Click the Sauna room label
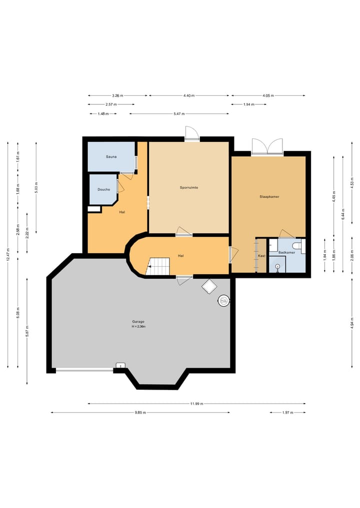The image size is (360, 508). pyautogui.click(x=111, y=157)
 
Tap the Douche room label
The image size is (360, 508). pyautogui.click(x=104, y=189)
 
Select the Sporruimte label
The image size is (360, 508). pyautogui.click(x=189, y=188)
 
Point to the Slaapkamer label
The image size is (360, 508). pyautogui.click(x=269, y=197)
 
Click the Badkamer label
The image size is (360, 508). pyautogui.click(x=286, y=252)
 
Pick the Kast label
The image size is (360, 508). pyautogui.click(x=261, y=256)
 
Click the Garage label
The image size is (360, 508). pyautogui.click(x=138, y=322)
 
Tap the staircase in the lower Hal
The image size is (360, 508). pyautogui.click(x=158, y=266)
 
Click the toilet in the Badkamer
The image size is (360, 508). pyautogui.click(x=297, y=245)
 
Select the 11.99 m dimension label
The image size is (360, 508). pyautogui.click(x=196, y=404)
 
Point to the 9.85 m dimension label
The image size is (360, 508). pyautogui.click(x=140, y=413)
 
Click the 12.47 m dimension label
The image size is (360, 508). pyautogui.click(x=8, y=254)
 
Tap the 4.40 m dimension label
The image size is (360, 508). pyautogui.click(x=189, y=95)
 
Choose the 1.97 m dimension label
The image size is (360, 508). pyautogui.click(x=287, y=413)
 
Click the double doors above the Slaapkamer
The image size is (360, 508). pyautogui.click(x=267, y=146)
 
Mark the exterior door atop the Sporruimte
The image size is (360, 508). pyautogui.click(x=191, y=133)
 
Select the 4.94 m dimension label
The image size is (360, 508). pyautogui.click(x=352, y=323)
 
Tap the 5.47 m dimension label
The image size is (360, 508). pyautogui.click(x=179, y=114)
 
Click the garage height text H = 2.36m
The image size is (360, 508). pyautogui.click(x=138, y=327)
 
